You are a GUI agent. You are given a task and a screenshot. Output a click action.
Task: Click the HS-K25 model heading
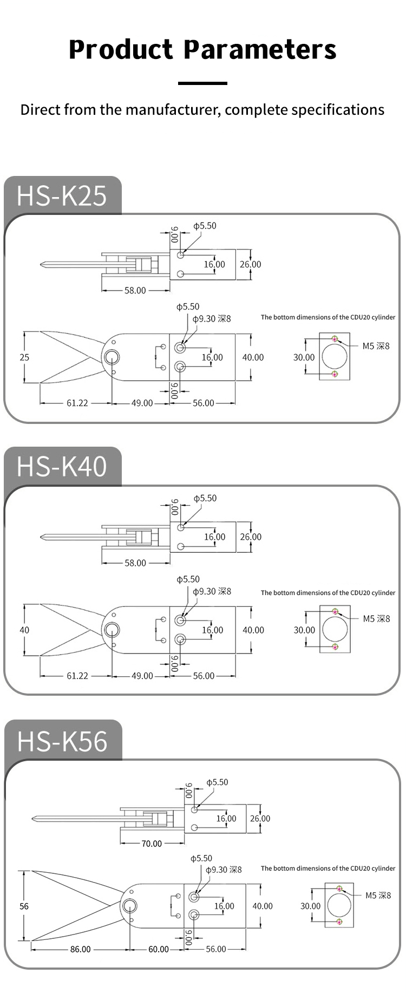(62, 195)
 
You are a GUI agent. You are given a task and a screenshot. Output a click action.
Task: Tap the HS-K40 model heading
(62, 467)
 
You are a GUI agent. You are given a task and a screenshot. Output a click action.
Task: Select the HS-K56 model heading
(62, 741)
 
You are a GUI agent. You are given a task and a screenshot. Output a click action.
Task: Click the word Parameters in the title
(260, 50)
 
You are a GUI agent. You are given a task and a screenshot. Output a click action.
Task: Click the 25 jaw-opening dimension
(24, 357)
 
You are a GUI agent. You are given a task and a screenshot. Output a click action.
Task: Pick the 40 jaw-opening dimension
(24, 630)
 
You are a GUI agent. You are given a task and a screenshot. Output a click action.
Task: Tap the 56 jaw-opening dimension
(24, 906)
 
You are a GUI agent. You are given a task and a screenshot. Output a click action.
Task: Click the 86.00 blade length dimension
(80, 949)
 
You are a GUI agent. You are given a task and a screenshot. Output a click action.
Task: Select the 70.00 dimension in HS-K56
(152, 844)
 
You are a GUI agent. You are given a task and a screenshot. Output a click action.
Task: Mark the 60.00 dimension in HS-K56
(159, 949)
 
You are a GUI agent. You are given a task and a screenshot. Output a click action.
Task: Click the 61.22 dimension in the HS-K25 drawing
(77, 403)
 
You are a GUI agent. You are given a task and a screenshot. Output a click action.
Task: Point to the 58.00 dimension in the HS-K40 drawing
(135, 563)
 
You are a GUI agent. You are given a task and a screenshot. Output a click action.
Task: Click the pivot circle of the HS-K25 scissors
(113, 357)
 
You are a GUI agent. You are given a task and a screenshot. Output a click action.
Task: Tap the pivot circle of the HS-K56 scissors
(129, 906)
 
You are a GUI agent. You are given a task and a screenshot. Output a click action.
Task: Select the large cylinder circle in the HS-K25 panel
(335, 357)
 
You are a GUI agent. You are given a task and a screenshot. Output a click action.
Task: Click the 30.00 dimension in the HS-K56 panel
(311, 906)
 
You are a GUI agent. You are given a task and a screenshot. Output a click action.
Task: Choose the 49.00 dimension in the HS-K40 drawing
(142, 676)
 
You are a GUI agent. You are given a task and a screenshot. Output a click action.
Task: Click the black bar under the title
(202, 83)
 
